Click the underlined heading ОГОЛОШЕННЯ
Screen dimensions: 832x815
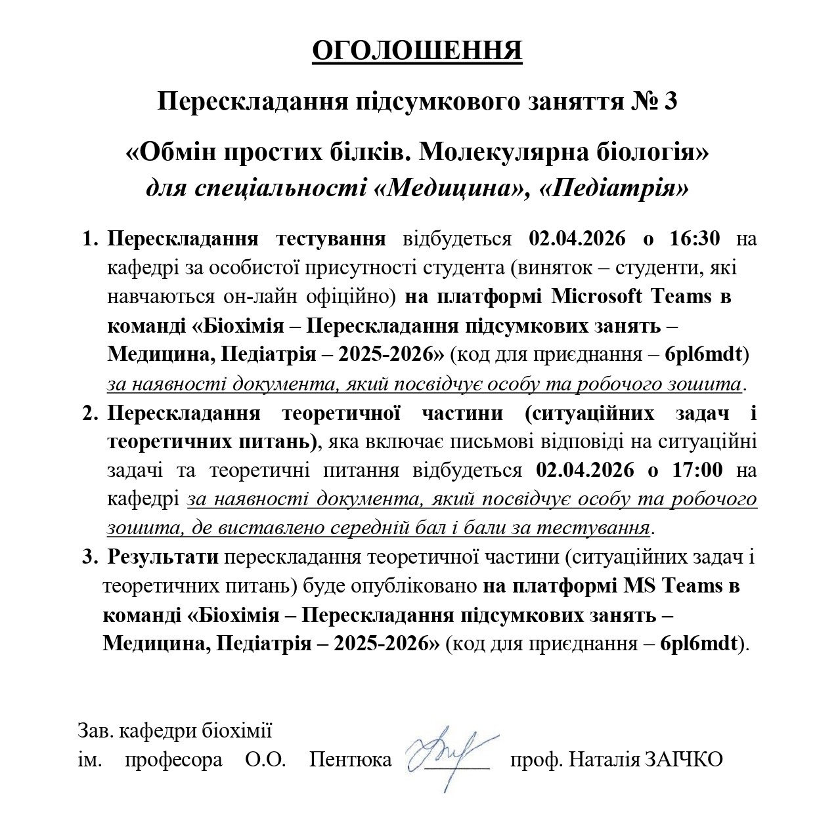click(x=417, y=51)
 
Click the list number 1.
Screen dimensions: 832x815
click(x=89, y=238)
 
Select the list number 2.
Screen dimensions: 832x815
click(x=89, y=413)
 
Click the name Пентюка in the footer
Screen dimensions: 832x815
click(x=351, y=760)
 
